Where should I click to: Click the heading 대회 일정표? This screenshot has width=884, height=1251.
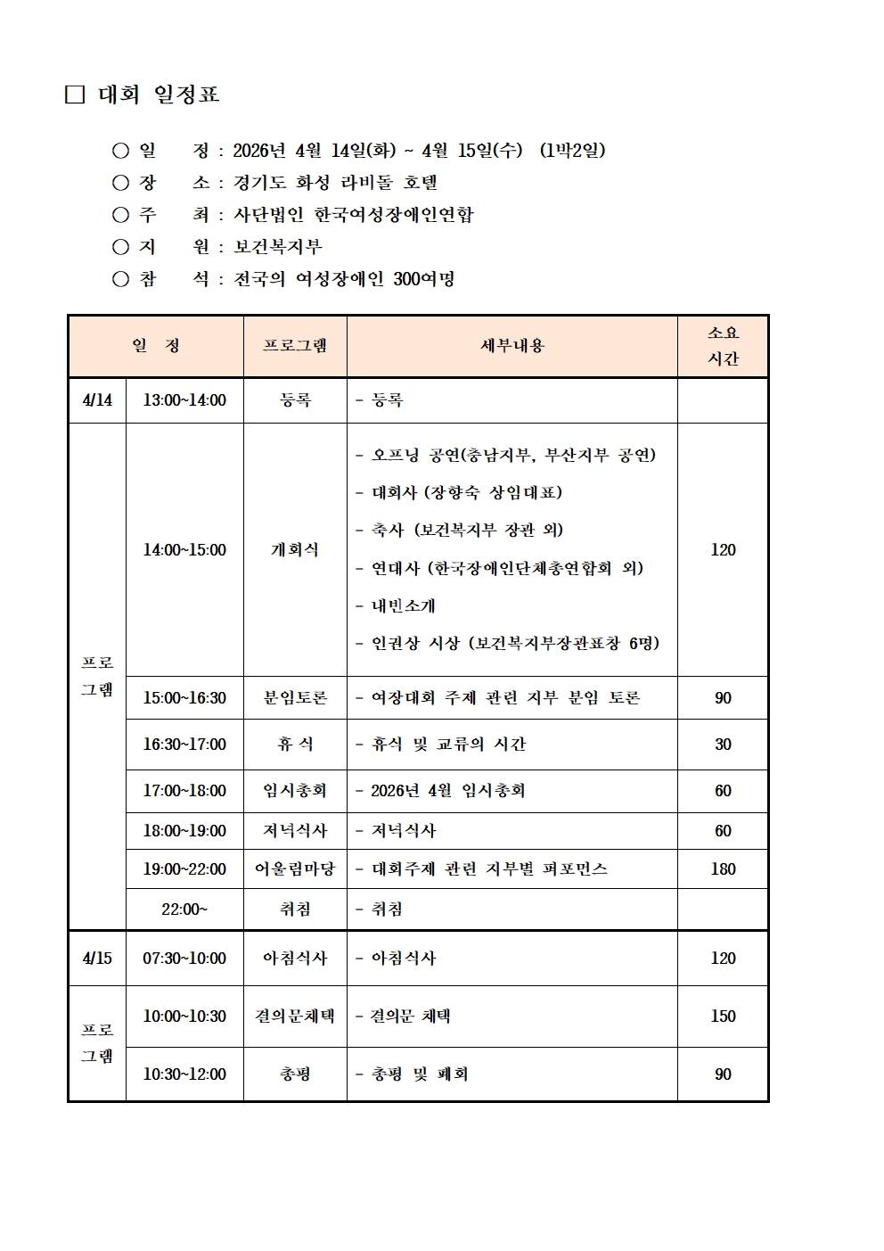point(159,95)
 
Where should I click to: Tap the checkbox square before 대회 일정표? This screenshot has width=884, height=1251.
point(75,95)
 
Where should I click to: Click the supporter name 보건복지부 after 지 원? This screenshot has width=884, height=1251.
point(278,247)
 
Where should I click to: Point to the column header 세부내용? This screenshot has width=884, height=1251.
point(512,346)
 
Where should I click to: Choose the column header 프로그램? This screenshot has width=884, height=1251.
point(295,346)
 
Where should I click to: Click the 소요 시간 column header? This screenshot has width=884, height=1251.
point(723,346)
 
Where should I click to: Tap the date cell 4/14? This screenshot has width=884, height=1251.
point(97,400)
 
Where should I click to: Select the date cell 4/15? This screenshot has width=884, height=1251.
point(97,959)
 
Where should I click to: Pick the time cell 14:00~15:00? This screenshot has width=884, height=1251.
point(184,550)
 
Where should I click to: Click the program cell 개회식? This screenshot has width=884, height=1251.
point(295,550)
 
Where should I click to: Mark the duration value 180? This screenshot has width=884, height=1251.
point(723,869)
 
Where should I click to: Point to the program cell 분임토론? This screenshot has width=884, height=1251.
point(295,698)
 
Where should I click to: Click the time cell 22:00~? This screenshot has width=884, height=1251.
point(184,909)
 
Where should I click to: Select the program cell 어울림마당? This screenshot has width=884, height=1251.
point(295,869)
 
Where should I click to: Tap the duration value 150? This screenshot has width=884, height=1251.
point(723,1016)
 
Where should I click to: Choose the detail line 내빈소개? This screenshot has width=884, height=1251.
point(403,606)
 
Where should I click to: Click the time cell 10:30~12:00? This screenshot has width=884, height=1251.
point(184,1074)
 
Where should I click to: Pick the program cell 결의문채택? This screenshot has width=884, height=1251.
point(295,1016)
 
